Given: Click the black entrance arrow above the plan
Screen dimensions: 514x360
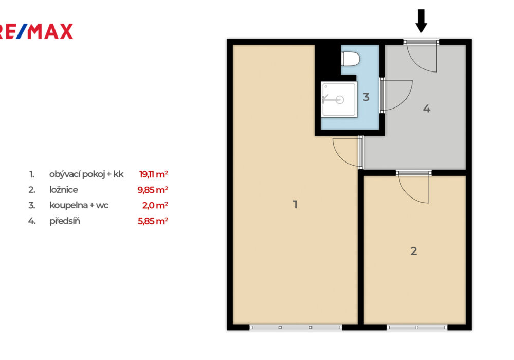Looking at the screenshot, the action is pos(421,21).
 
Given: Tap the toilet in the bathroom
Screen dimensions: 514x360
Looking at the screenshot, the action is pos(351,59).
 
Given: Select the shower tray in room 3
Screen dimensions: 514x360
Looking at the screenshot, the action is pos(339,99).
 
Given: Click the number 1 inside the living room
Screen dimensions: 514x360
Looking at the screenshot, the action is pos(296,205).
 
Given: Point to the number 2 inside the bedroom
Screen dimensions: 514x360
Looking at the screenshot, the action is pos(414,251).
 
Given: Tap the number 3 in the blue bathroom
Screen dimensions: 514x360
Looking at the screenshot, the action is pos(366,97).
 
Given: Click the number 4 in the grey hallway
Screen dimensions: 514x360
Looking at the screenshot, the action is pos(427,109).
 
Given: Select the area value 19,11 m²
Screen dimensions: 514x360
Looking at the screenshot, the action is pos(153,174).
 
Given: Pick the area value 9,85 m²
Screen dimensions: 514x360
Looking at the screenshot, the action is pos(153,190).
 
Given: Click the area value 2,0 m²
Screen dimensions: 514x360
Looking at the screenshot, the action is pos(155,205).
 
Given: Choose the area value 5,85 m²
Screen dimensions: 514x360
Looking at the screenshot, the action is pos(153,221).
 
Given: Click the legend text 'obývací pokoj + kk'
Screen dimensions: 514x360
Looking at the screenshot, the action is pos(86,174).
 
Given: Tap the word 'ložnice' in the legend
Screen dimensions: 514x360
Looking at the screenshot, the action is pos(64,190).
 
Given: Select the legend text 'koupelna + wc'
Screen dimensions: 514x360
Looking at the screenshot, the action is pos(79,206).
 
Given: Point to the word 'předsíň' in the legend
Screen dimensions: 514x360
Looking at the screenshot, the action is pos(65,221).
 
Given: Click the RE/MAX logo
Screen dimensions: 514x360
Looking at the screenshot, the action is pos(36,31).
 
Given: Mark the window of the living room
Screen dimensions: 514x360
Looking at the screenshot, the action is pos(296,327).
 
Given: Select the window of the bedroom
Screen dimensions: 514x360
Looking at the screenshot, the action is pos(417,327).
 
